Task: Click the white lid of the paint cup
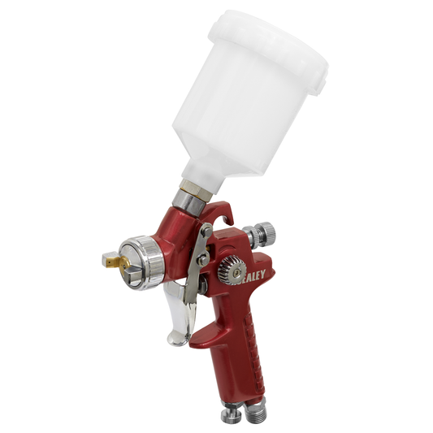click(x=268, y=37)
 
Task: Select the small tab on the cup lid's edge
click(x=323, y=82)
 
